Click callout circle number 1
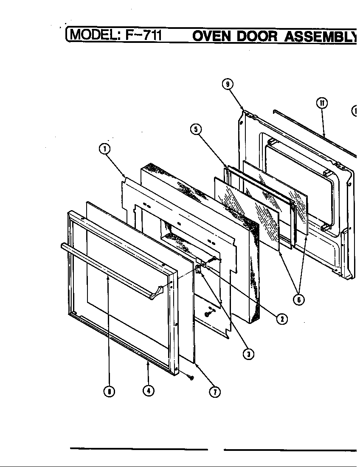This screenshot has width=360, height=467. pos(104,149)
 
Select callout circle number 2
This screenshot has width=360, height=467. pos(281,318)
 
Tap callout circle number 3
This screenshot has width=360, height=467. pos(248,354)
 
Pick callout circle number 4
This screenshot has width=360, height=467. pos(148,391)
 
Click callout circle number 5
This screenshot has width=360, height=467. pos(196,129)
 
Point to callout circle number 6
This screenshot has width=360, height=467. pos(299,299)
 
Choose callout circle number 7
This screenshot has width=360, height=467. pos(215,392)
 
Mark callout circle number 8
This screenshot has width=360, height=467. pos(109,392)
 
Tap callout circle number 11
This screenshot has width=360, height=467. pos(321,103)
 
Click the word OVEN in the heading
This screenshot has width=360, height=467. pos(212,36)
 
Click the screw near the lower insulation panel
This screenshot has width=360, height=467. pos(207,314)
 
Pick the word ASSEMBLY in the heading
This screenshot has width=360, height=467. pos(321,36)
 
